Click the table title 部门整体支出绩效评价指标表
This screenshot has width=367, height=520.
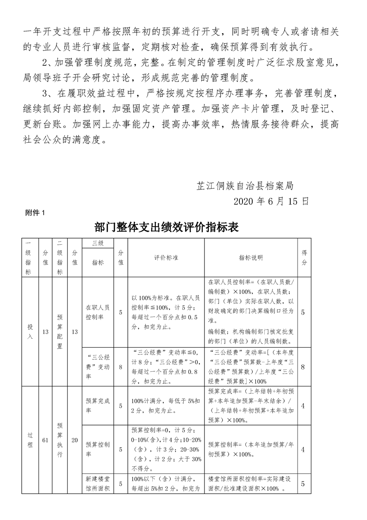point(166,227)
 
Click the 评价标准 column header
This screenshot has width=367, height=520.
point(166,258)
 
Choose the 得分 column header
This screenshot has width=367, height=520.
point(304,258)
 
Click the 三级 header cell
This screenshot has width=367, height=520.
point(98,242)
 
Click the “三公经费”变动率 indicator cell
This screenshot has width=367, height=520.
point(98,367)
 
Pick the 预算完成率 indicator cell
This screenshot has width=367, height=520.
point(98,406)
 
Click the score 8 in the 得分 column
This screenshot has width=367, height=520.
point(304,367)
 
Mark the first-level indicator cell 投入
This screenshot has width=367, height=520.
point(30,332)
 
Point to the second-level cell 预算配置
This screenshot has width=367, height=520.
point(60,332)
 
